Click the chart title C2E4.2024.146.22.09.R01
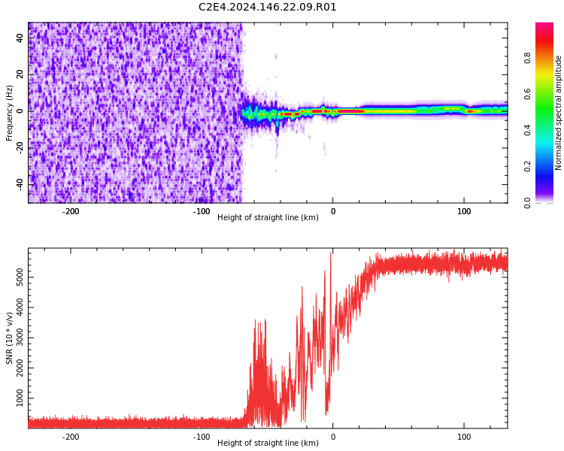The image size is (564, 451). (268, 8)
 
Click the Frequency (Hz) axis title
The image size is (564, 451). (10, 113)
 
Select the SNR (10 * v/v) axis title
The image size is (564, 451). (10, 338)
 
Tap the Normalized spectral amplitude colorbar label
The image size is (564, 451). (559, 113)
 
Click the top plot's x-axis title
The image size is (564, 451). (268, 218)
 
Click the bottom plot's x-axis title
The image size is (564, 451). (268, 443)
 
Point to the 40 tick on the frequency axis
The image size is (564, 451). (20, 38)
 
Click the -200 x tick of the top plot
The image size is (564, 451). (70, 212)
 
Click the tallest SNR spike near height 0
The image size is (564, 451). (331, 254)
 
